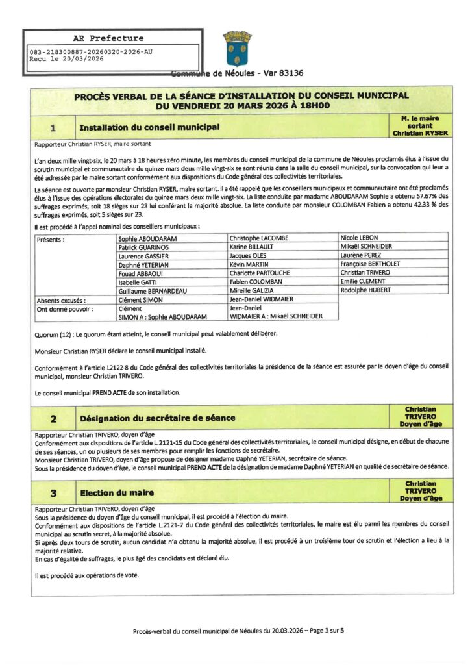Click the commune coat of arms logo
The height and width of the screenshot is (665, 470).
pyautogui.click(x=238, y=48)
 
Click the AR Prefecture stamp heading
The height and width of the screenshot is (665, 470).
pyautogui.click(x=108, y=38)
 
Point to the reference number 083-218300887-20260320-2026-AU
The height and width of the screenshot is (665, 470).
pyautogui.click(x=92, y=51)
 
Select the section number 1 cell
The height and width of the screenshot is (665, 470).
pyautogui.click(x=53, y=127)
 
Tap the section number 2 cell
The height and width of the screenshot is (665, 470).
pyautogui.click(x=53, y=418)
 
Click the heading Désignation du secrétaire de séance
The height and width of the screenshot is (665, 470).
pyautogui.click(x=157, y=418)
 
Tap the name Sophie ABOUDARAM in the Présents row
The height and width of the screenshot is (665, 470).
pyautogui.click(x=148, y=239)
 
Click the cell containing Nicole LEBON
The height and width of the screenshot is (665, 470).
pyautogui.click(x=359, y=238)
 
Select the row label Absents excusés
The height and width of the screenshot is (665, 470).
pyautogui.click(x=62, y=301)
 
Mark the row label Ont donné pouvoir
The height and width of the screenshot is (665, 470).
pyautogui.click(x=65, y=310)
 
